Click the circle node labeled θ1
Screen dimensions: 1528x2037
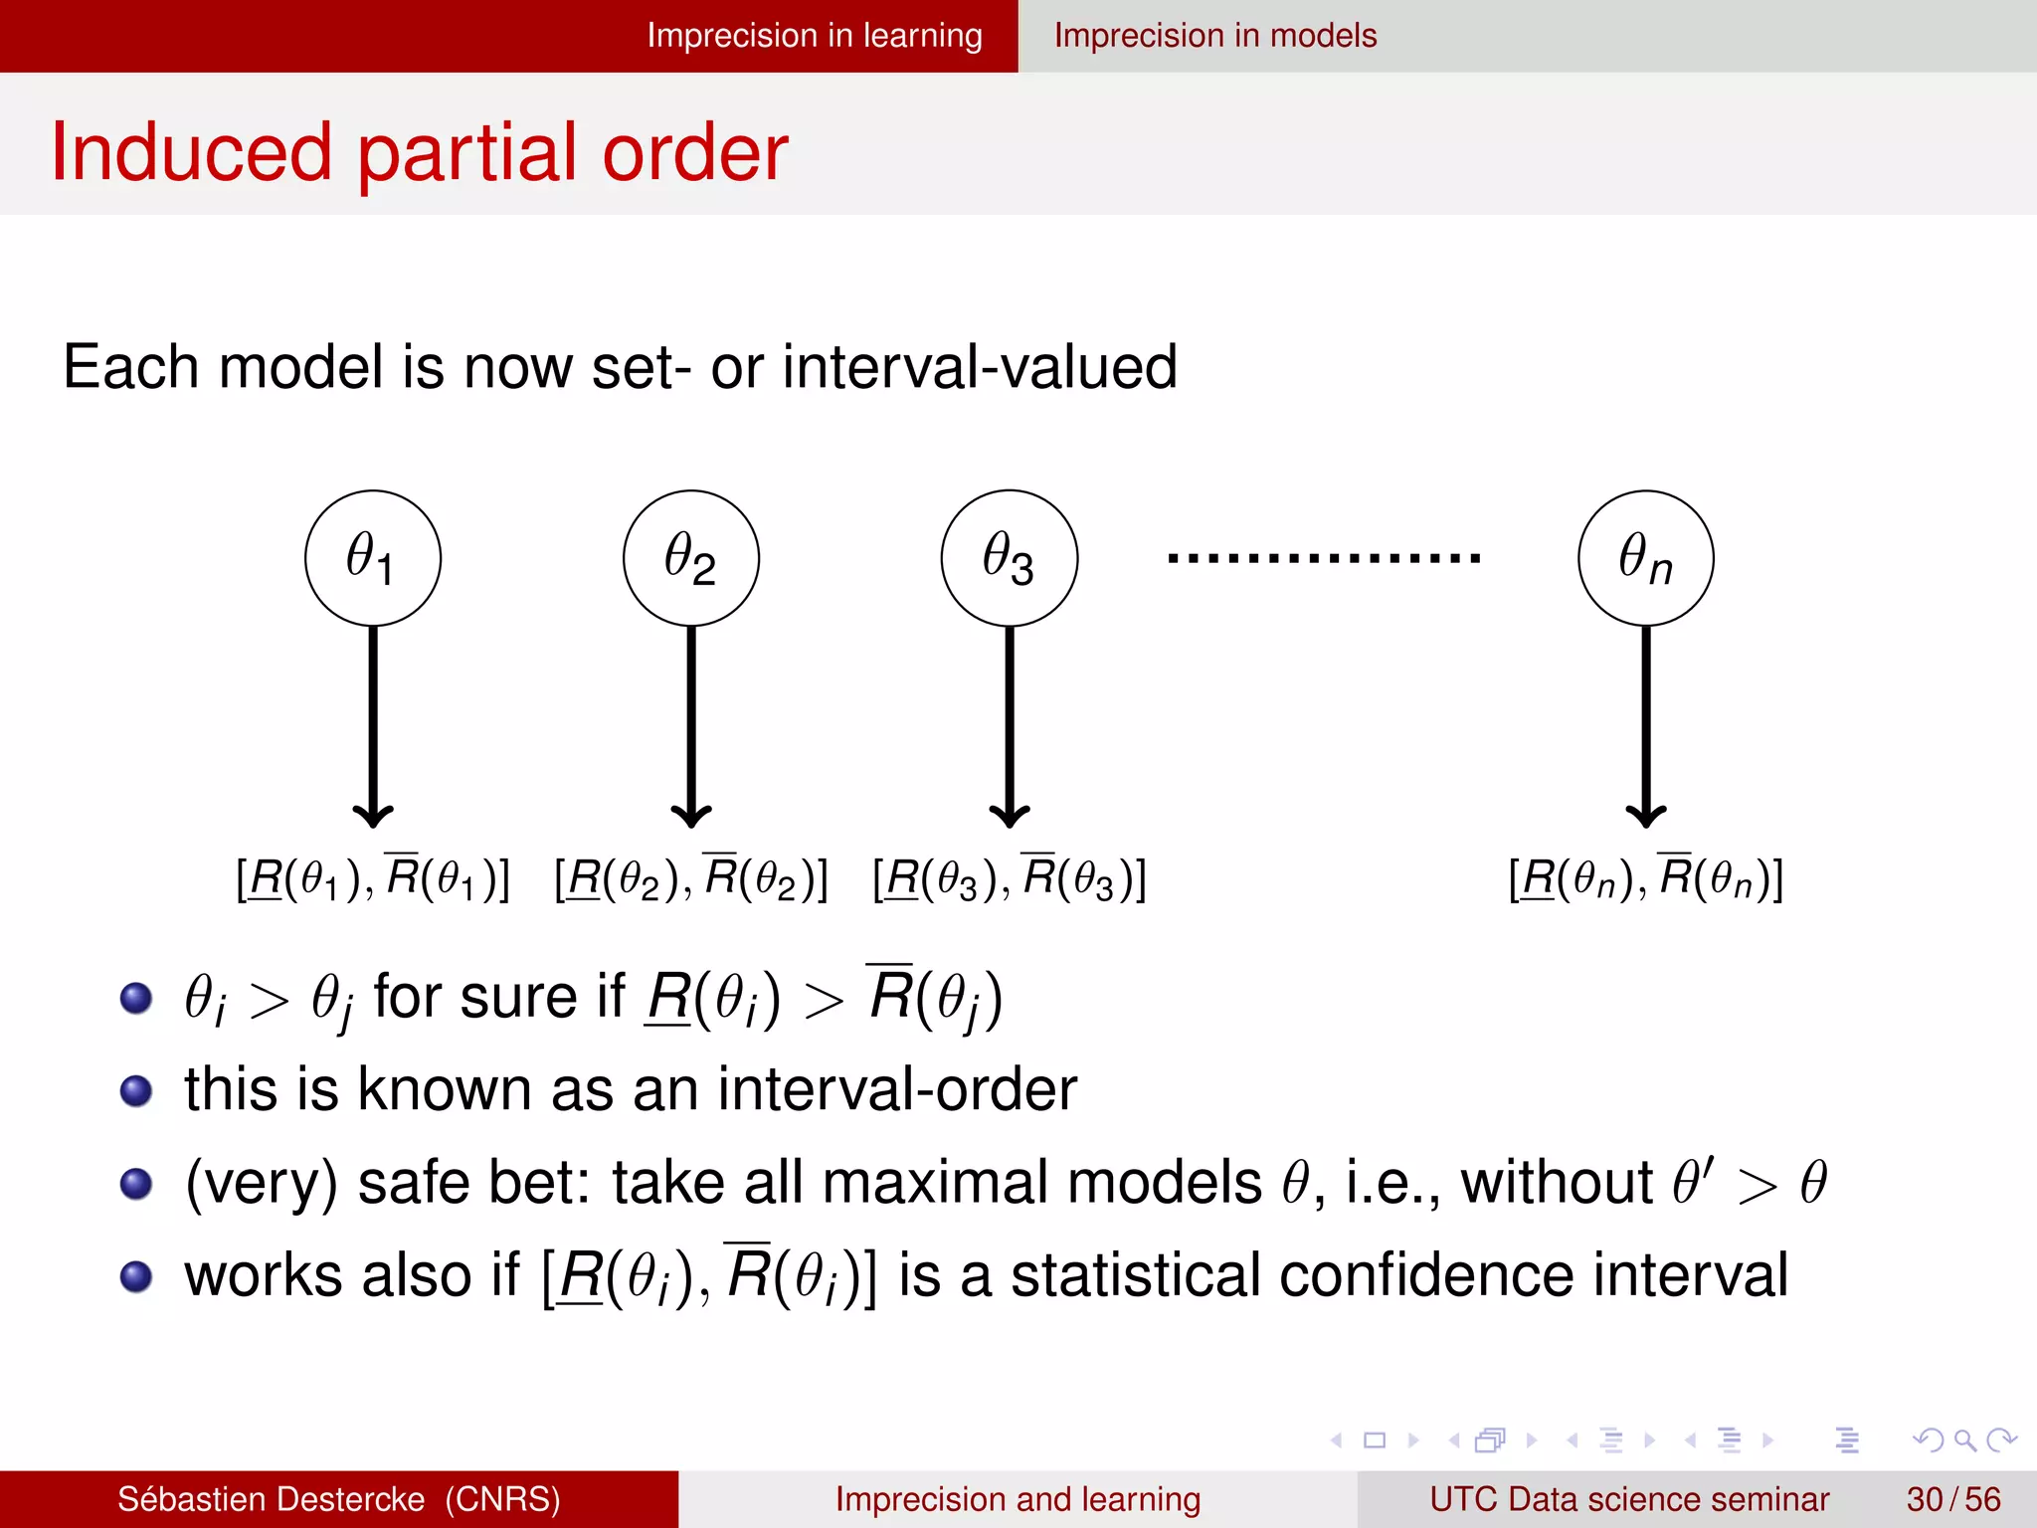pos(373,558)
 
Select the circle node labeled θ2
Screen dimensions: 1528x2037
pos(691,558)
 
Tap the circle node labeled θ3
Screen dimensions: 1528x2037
pos(1010,558)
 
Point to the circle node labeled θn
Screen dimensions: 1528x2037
pos(1646,558)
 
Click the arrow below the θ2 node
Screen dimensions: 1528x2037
pos(691,726)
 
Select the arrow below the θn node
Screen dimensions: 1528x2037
pos(1646,726)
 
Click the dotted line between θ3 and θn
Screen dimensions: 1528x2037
pos(1325,558)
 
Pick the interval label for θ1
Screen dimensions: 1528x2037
pos(373,878)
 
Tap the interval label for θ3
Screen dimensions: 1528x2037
pos(1010,878)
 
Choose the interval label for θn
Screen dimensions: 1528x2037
pos(1646,878)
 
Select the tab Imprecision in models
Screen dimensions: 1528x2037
pos(1215,36)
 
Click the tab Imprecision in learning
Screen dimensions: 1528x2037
pos(815,36)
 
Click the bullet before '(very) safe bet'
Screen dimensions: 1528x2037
pos(136,1184)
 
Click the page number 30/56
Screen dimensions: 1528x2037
pos(1953,1499)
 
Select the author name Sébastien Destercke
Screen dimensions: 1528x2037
pos(271,1499)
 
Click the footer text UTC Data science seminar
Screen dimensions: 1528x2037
pos(1629,1499)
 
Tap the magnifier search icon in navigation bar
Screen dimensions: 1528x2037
pos(1964,1439)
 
